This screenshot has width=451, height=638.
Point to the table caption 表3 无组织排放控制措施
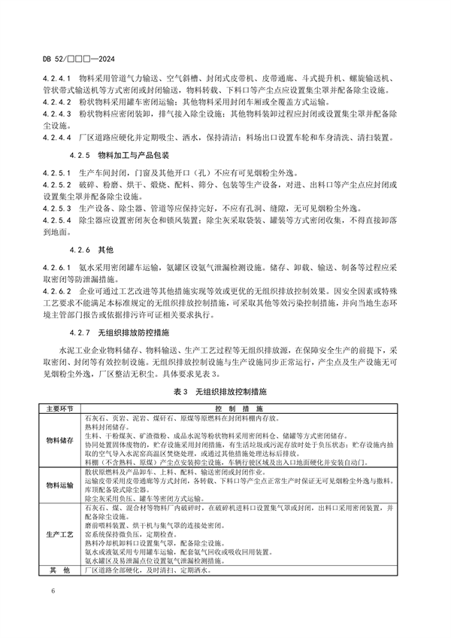click(225, 393)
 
